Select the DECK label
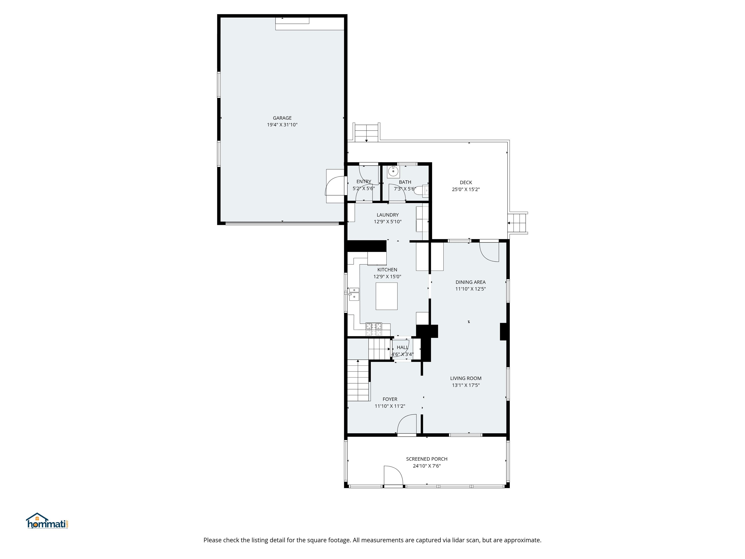click(466, 183)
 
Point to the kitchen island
click(386, 296)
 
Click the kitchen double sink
click(354, 294)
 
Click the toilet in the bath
click(422, 190)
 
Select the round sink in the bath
click(393, 172)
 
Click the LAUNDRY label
click(388, 215)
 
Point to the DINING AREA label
click(470, 282)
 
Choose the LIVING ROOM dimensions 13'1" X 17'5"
click(466, 385)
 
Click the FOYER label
click(390, 399)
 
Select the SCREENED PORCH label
click(427, 459)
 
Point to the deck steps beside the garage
click(366, 133)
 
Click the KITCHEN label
click(387, 270)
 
